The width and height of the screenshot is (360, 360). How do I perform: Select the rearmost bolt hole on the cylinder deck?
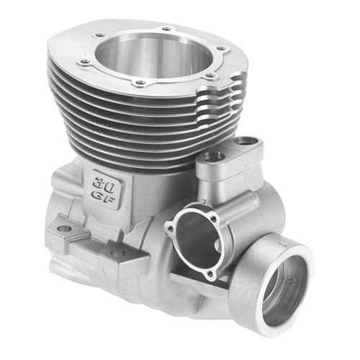point(168,29)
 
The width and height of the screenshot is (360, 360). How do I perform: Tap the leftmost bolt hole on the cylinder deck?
point(85,62)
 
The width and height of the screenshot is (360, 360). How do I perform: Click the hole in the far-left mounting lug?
point(64,229)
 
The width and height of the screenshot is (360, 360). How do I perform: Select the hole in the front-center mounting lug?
point(115,253)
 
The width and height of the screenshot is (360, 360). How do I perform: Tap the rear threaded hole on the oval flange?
point(248,141)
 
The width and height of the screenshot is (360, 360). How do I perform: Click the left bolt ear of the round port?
point(169,229)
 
